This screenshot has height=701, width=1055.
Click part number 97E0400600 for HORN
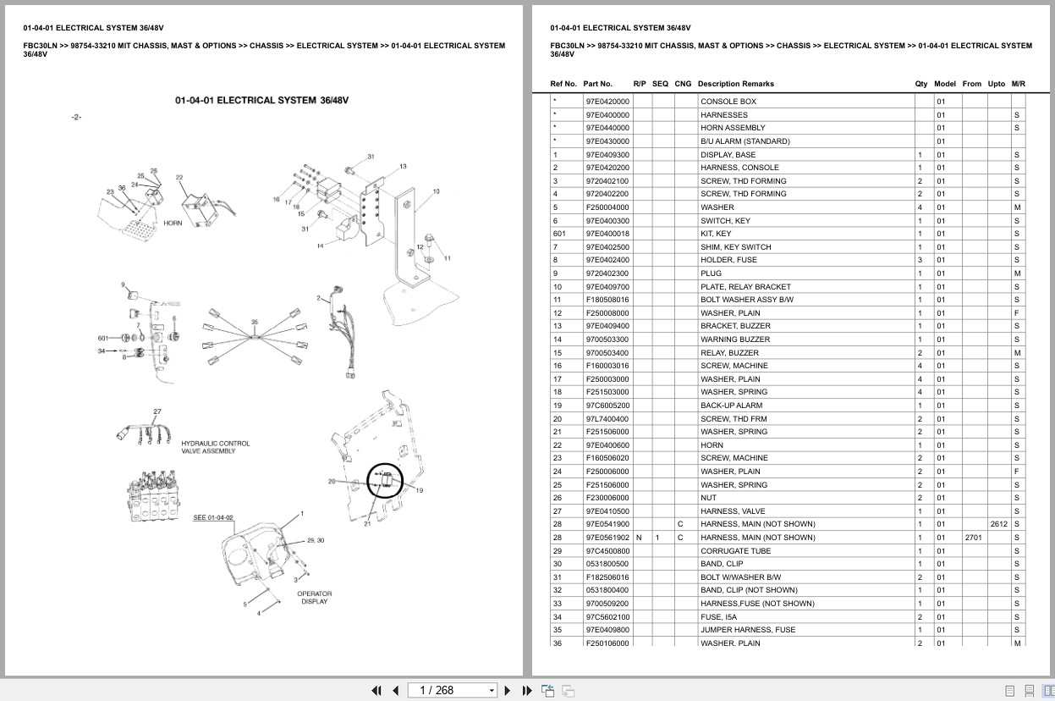(x=607, y=445)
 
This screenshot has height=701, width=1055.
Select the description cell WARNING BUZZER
(x=728, y=339)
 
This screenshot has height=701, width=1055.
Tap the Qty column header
(x=920, y=84)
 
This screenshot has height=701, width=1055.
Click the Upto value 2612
(x=998, y=525)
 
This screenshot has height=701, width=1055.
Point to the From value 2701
(x=973, y=538)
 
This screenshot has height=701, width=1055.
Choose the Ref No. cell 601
(x=558, y=234)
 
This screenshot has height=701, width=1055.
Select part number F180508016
(x=607, y=300)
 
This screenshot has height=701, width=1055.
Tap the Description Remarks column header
(x=735, y=84)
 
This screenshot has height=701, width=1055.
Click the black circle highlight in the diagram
(x=385, y=480)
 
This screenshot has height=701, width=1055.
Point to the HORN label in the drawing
(x=173, y=224)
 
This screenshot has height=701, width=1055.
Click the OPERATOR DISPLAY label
(x=314, y=597)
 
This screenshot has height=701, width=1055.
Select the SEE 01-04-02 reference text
(x=213, y=517)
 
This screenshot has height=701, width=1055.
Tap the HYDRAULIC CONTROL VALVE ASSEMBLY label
(x=215, y=448)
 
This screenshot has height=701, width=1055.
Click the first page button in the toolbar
(x=377, y=690)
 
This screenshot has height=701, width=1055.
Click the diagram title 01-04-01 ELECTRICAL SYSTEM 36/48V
(x=261, y=101)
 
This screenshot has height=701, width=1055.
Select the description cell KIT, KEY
(x=716, y=234)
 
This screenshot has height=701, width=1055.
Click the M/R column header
(x=1018, y=84)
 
